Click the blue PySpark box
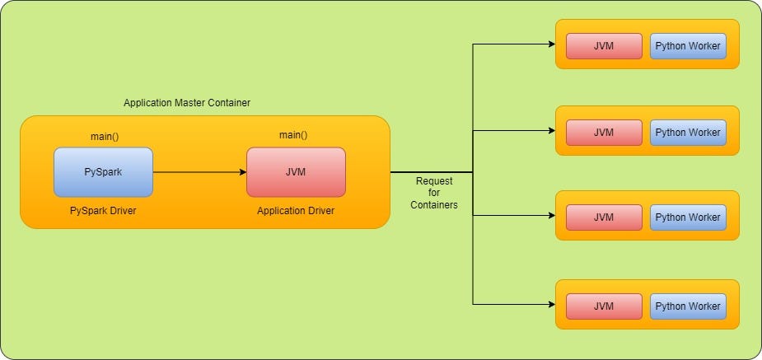[103, 172]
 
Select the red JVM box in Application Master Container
[296, 172]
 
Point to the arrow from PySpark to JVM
[199, 172]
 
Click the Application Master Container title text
[186, 103]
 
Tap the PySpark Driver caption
[103, 211]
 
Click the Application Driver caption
[296, 211]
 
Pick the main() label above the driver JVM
[293, 135]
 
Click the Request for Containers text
[434, 193]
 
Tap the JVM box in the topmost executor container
[604, 46]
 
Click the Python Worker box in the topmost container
[688, 46]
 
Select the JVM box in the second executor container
[604, 132]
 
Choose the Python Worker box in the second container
[688, 132]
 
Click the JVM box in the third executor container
[604, 217]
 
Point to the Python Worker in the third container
[688, 217]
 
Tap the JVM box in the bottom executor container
[604, 306]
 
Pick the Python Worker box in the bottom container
[688, 306]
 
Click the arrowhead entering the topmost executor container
[551, 44]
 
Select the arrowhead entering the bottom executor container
[551, 304]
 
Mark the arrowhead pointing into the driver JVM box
[242, 172]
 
